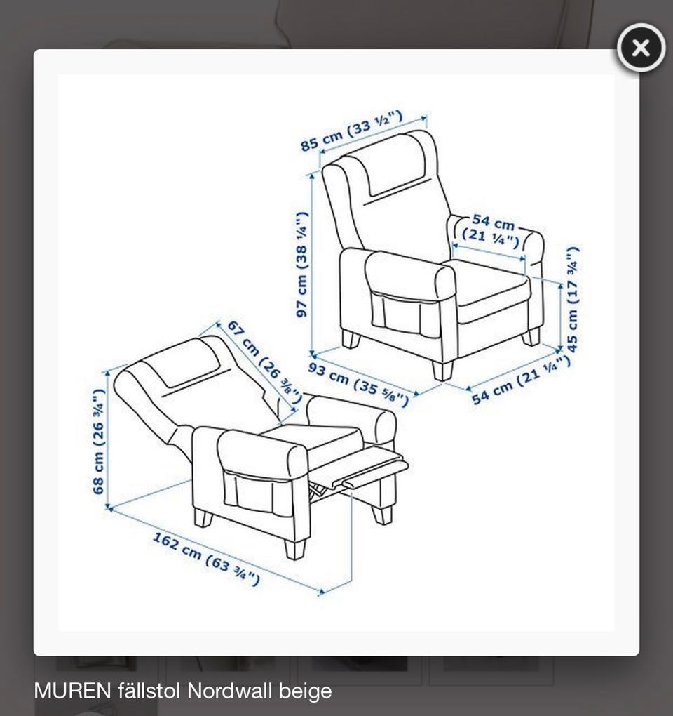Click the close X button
pyautogui.click(x=641, y=48)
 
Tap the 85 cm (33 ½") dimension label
pyautogui.click(x=351, y=131)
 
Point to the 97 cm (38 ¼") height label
pyautogui.click(x=302, y=265)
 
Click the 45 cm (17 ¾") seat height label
pyautogui.click(x=573, y=300)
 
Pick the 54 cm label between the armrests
pyautogui.click(x=491, y=231)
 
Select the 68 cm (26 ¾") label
pyautogui.click(x=98, y=442)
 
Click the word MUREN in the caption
pyautogui.click(x=72, y=691)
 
